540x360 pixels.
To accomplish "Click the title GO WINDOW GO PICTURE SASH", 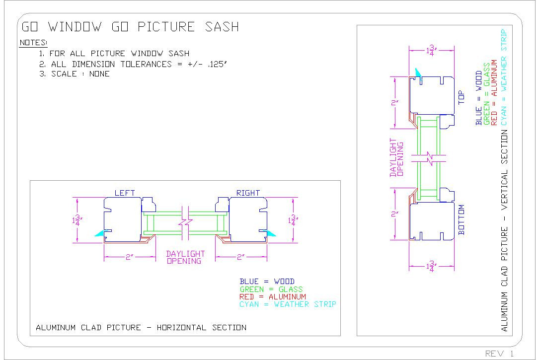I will click(x=129, y=27).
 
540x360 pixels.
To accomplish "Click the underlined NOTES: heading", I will click(x=33, y=43).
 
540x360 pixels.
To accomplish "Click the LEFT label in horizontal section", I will click(x=125, y=193).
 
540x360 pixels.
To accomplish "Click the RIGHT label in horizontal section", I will click(x=248, y=193).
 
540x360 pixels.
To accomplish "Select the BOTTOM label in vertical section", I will click(x=461, y=219).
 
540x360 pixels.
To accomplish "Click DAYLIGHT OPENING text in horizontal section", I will click(x=185, y=257).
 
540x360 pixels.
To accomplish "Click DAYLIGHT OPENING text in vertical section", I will click(x=396, y=157).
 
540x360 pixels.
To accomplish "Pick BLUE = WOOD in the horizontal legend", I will click(x=267, y=282).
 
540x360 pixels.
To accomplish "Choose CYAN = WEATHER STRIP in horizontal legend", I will click(x=288, y=304).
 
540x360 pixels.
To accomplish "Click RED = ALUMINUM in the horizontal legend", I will click(x=273, y=296).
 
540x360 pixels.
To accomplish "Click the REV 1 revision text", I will click(x=500, y=353).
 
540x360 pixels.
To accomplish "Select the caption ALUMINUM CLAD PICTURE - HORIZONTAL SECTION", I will click(x=141, y=327).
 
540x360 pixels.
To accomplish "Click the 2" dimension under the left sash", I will click(x=129, y=257).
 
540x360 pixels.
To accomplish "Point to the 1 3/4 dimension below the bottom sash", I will click(x=431, y=267).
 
